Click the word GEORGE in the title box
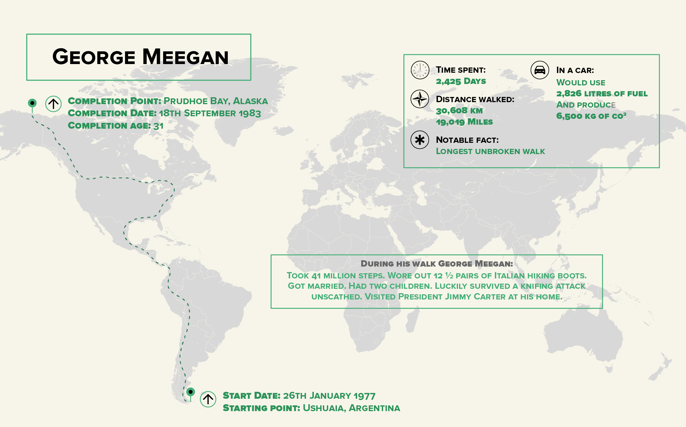click(94, 57)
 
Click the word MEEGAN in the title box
click(185, 57)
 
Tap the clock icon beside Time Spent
click(420, 70)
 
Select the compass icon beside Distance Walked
click(420, 99)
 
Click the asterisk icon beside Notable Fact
click(420, 140)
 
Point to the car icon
click(540, 70)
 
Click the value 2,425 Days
click(461, 81)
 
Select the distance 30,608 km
click(459, 111)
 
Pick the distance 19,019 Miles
click(464, 122)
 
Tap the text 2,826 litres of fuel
click(602, 94)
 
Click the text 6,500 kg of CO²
click(591, 116)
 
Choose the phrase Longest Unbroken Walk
click(490, 151)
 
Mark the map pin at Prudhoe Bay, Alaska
click(32, 103)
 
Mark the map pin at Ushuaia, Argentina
click(191, 392)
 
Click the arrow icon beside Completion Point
click(53, 104)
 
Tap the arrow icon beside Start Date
click(208, 399)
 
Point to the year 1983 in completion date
click(250, 113)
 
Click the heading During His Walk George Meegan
click(437, 264)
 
